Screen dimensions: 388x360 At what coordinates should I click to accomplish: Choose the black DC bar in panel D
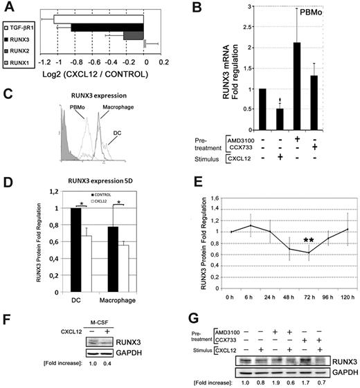pos(65,243)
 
